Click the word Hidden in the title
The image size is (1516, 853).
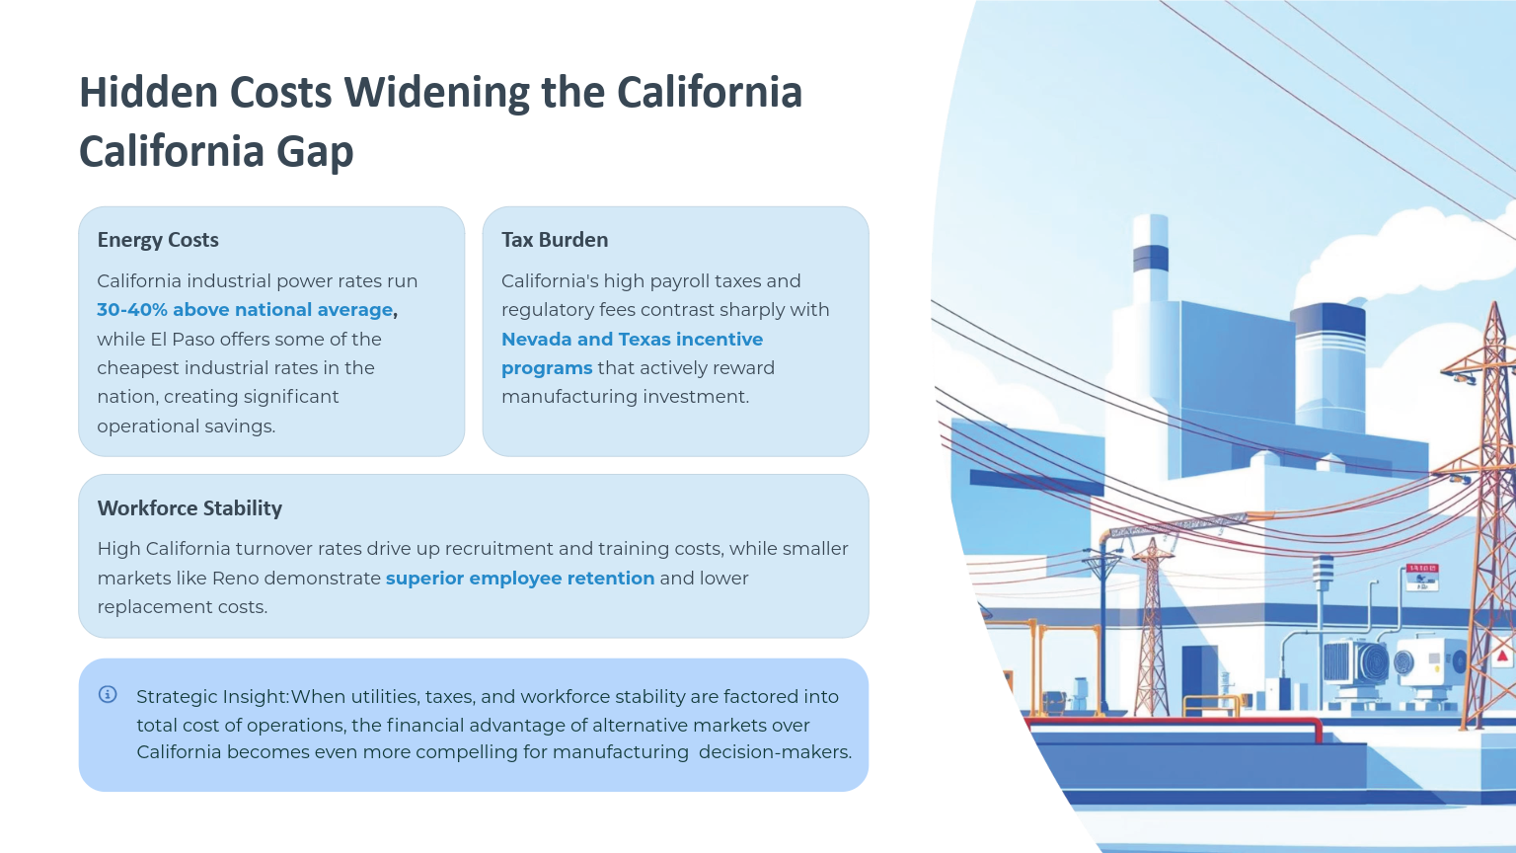147,92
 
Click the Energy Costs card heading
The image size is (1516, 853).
158,240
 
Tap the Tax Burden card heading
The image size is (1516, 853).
555,240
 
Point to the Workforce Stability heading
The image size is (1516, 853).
189,508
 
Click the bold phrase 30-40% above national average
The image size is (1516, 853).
245,310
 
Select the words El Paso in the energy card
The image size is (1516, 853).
188,340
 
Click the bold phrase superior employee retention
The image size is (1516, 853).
520,579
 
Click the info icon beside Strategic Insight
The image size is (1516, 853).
108,694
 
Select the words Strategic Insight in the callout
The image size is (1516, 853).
213,697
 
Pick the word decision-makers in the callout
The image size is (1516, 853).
775,752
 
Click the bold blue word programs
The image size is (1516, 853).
547,369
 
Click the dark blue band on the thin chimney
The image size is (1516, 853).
1151,259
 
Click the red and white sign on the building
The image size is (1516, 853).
1422,577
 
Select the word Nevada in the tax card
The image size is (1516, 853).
535,340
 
